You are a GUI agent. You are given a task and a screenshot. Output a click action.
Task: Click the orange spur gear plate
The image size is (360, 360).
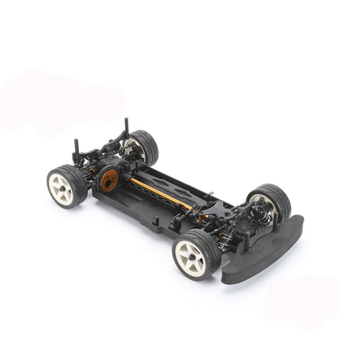point(109,179)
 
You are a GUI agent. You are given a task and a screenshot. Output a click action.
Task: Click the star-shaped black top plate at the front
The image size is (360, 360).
point(220,209)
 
